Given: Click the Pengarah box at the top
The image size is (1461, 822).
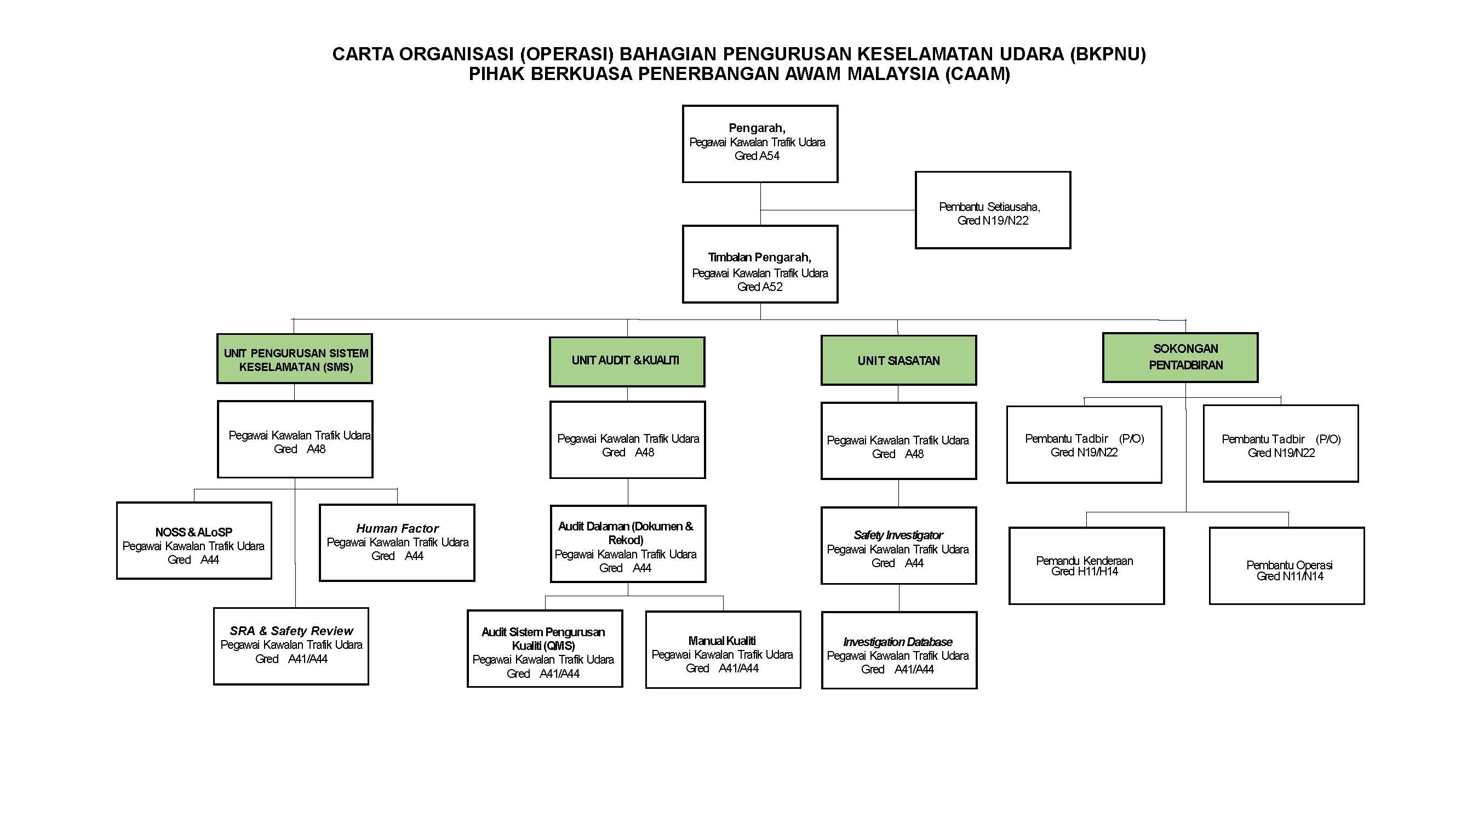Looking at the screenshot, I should click(x=760, y=144).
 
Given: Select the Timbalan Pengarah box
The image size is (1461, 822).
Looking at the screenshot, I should click(x=760, y=264).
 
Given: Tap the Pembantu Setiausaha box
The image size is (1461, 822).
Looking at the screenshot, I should click(x=993, y=210).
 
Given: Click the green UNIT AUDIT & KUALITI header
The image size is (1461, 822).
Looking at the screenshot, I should click(x=627, y=362).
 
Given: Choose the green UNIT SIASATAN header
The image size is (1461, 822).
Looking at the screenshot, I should click(x=898, y=361).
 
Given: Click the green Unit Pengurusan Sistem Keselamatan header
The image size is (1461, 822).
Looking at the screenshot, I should click(x=295, y=359).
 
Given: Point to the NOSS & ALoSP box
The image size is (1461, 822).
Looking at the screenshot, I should click(x=194, y=541).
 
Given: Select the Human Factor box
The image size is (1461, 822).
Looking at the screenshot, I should click(x=397, y=543).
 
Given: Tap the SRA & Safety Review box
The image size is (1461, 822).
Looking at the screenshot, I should click(x=291, y=646).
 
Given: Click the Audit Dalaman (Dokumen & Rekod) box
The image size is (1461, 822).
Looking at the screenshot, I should click(x=628, y=544).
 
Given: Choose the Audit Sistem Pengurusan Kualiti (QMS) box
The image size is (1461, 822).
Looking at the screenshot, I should click(x=545, y=648).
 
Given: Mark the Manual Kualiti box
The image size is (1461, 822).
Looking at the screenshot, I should click(x=723, y=649).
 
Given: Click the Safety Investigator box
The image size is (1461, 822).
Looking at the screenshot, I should click(x=898, y=546).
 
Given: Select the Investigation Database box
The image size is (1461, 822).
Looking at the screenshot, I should click(x=899, y=650).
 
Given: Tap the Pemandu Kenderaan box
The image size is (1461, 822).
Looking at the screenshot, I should click(x=1086, y=566).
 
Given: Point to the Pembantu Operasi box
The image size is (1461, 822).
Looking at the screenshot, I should click(x=1286, y=566).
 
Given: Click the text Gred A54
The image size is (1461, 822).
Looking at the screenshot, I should click(x=757, y=156).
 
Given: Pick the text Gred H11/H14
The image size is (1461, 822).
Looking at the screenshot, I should click(x=1085, y=572).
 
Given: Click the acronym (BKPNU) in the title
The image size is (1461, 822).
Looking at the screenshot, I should click(x=1108, y=54).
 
